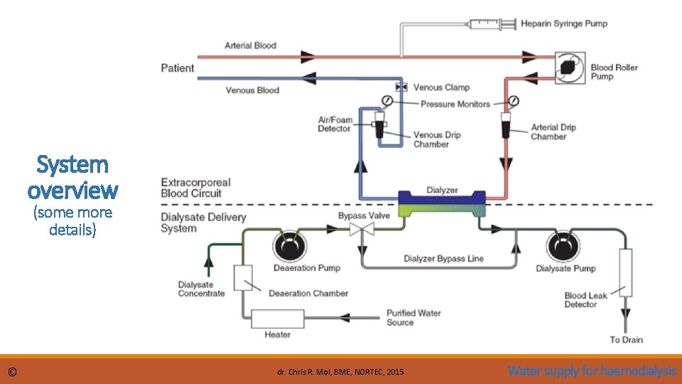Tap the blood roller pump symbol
tap(570, 68)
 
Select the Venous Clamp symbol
tap(402, 87)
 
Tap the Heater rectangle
tap(277, 319)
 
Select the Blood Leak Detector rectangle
tap(626, 272)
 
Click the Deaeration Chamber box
tap(243, 279)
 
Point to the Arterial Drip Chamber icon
tap(506, 124)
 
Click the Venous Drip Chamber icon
tap(380, 125)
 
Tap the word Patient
tap(178, 68)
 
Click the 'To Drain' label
tap(626, 339)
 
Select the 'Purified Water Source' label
tap(413, 317)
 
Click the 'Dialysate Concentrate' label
tap(201, 289)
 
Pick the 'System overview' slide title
tap(73, 177)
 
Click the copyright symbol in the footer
tap(13, 372)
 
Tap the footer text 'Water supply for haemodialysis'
tap(592, 370)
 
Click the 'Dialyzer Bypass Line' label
tap(443, 258)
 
